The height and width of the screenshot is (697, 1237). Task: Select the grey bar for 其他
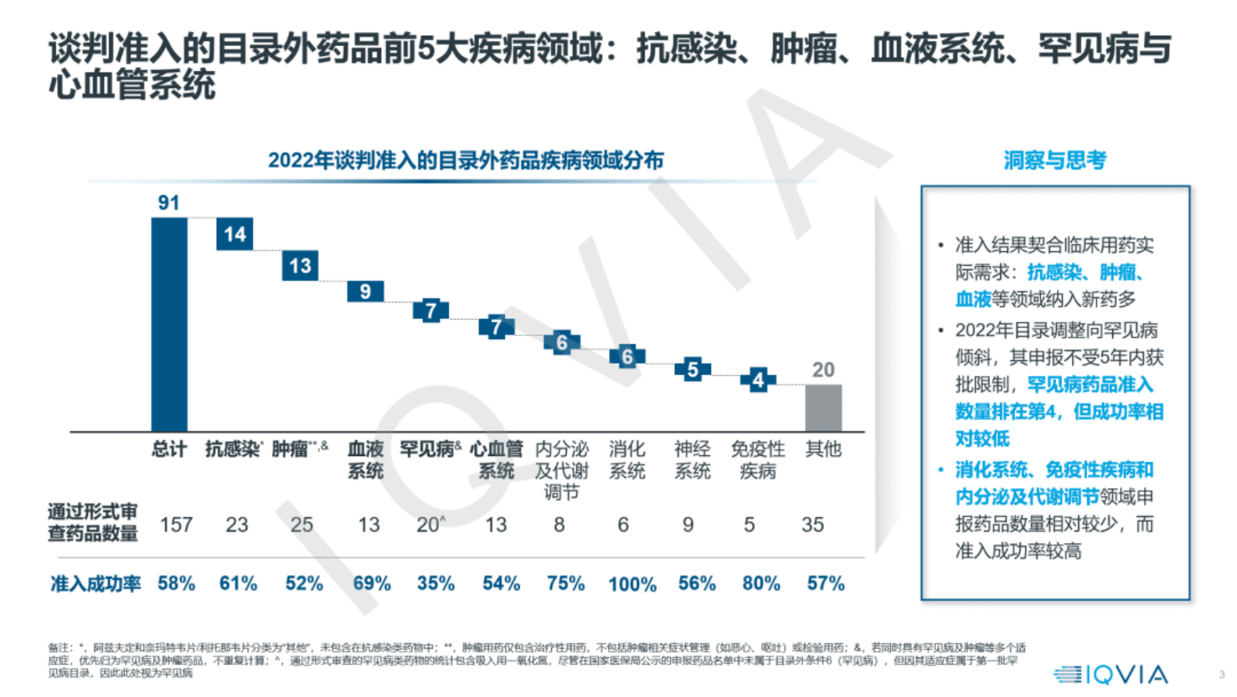click(823, 407)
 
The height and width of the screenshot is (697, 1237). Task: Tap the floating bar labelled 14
click(235, 234)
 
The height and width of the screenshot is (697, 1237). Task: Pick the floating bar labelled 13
click(300, 266)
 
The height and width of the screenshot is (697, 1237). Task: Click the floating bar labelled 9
click(365, 292)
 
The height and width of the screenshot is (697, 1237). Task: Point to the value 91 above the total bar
click(168, 203)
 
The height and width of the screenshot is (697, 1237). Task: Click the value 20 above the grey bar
click(823, 370)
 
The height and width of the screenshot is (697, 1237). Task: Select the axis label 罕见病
click(428, 449)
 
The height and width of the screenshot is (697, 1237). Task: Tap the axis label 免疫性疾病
click(758, 460)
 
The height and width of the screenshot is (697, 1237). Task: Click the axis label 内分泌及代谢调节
click(561, 470)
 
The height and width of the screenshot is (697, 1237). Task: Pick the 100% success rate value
click(632, 584)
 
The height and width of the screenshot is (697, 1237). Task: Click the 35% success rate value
click(436, 583)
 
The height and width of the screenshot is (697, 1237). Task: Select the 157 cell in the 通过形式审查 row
click(176, 525)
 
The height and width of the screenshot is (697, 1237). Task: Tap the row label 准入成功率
click(95, 583)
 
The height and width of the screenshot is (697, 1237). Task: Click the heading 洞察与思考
click(1055, 161)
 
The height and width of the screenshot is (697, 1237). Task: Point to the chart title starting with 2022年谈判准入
click(465, 161)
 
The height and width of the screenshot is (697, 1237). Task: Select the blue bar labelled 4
click(758, 380)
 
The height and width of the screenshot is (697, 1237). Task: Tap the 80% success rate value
click(761, 583)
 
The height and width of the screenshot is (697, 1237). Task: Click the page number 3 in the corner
click(1221, 674)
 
